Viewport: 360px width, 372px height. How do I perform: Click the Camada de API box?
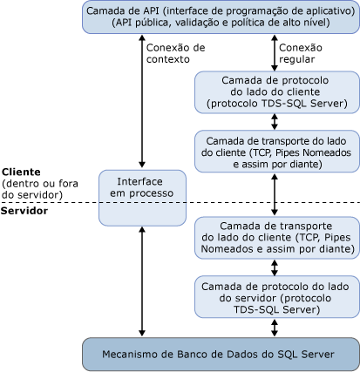click(x=221, y=17)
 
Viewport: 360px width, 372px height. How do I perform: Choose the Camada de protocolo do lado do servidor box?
click(x=276, y=273)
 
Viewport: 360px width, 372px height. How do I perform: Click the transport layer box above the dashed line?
click(x=276, y=152)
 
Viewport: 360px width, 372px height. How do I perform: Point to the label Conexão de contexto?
click(x=176, y=53)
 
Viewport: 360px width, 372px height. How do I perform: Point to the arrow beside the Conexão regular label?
click(x=276, y=53)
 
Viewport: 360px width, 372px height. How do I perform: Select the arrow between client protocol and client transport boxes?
click(x=276, y=122)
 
